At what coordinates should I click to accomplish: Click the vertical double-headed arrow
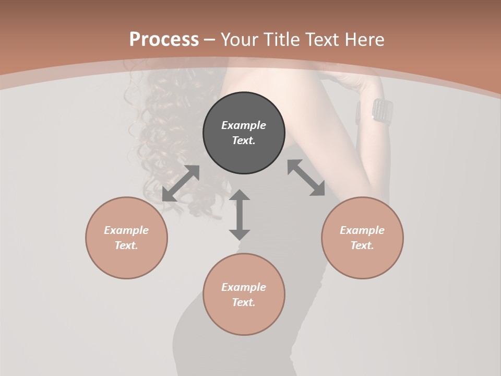(240, 215)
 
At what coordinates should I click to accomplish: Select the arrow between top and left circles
(181, 183)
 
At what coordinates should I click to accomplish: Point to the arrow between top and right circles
(306, 178)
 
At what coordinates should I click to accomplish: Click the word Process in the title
(164, 39)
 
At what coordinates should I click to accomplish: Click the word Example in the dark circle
(244, 125)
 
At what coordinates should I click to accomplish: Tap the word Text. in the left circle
(126, 245)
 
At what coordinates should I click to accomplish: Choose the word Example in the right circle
(362, 230)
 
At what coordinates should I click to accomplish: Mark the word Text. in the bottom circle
(244, 302)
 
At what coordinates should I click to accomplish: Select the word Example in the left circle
(126, 230)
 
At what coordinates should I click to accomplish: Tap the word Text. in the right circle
(362, 245)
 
